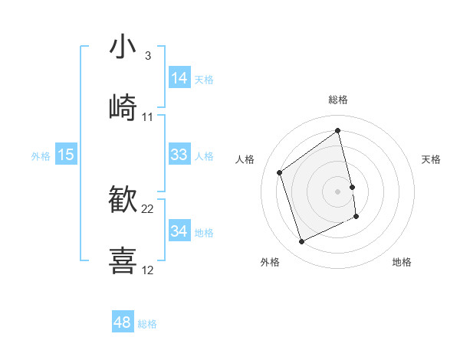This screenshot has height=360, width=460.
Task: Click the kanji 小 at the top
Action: [123, 47]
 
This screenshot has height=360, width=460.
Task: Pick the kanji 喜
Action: [123, 260]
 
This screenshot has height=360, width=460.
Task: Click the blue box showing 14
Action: [179, 77]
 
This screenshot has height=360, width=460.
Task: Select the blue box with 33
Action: [179, 155]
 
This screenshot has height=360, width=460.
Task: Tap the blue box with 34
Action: [179, 231]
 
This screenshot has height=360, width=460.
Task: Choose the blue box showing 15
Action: [66, 155]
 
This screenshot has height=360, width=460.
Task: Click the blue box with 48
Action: [123, 322]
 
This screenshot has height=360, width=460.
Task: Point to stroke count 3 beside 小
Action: [148, 56]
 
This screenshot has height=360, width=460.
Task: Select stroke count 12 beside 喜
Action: [148, 270]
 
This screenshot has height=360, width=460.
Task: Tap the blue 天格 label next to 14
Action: [204, 79]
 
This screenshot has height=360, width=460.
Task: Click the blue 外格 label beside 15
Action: [41, 156]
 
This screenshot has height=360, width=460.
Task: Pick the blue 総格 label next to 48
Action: [147, 324]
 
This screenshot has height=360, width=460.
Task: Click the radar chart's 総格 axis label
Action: [338, 100]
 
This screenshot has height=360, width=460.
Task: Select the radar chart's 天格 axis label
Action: [432, 159]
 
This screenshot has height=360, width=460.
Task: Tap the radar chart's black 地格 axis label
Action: [402, 262]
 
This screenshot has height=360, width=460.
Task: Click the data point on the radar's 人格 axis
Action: [280, 172]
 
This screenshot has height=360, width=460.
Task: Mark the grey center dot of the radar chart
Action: [338, 191]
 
